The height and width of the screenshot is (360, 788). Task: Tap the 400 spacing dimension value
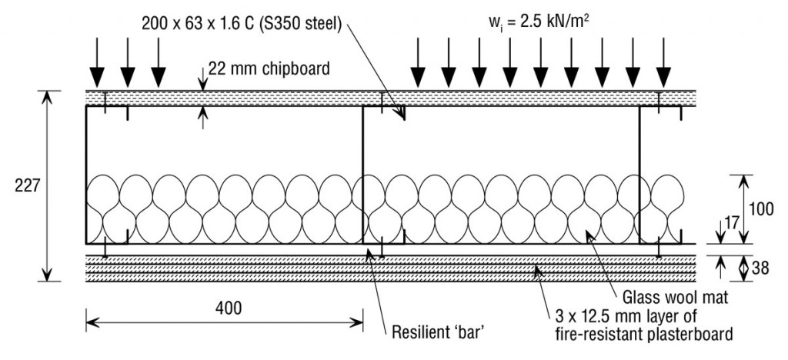tap(227, 308)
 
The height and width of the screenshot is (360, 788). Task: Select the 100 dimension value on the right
tap(762, 208)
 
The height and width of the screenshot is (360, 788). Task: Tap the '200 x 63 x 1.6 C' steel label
tap(204, 22)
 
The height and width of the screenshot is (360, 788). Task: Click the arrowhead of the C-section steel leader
tap(402, 118)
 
